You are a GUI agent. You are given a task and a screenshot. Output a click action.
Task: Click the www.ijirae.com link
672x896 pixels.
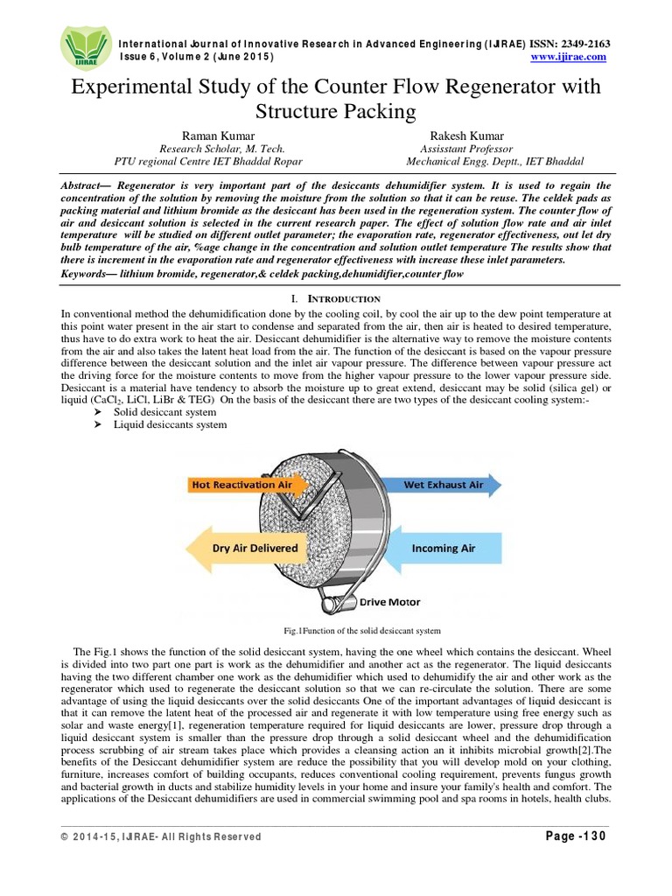click(x=569, y=57)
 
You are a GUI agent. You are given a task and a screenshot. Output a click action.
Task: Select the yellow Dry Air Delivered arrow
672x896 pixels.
click(x=245, y=549)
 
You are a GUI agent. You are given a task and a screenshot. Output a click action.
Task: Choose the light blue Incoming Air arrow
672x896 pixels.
click(x=441, y=549)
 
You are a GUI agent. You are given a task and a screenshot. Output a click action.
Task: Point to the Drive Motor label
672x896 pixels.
click(x=391, y=602)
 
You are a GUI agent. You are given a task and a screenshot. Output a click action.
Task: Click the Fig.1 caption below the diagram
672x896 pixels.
click(x=335, y=630)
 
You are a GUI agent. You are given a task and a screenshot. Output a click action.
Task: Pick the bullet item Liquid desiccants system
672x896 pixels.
click(x=170, y=424)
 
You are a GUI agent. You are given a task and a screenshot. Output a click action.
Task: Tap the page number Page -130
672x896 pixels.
click(x=570, y=836)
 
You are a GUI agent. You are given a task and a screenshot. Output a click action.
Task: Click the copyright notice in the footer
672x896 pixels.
click(x=161, y=837)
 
